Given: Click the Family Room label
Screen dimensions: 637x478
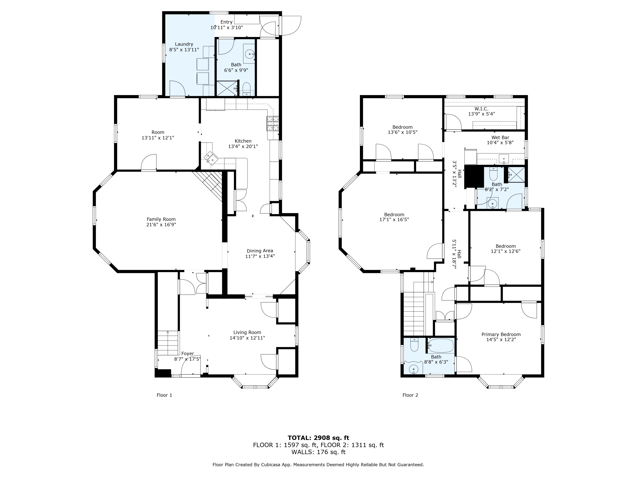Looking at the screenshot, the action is [161, 219].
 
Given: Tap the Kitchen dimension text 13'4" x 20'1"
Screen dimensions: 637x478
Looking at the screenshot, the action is [243, 146].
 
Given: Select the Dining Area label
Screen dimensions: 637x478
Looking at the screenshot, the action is [260, 251].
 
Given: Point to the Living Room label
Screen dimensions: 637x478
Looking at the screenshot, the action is [247, 332].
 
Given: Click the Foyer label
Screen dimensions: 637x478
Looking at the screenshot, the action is [187, 354].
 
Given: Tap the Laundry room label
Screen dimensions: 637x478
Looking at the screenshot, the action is [184, 44].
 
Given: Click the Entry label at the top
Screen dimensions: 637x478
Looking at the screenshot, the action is [227, 22].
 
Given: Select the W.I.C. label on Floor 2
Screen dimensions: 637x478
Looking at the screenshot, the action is [482, 109].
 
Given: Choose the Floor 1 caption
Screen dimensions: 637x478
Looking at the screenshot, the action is [164, 395].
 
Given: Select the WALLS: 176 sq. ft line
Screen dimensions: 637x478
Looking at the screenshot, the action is [318, 452].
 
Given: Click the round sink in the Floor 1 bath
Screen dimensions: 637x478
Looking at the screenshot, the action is [249, 54].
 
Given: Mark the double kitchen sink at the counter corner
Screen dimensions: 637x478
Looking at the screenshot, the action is [211, 158].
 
